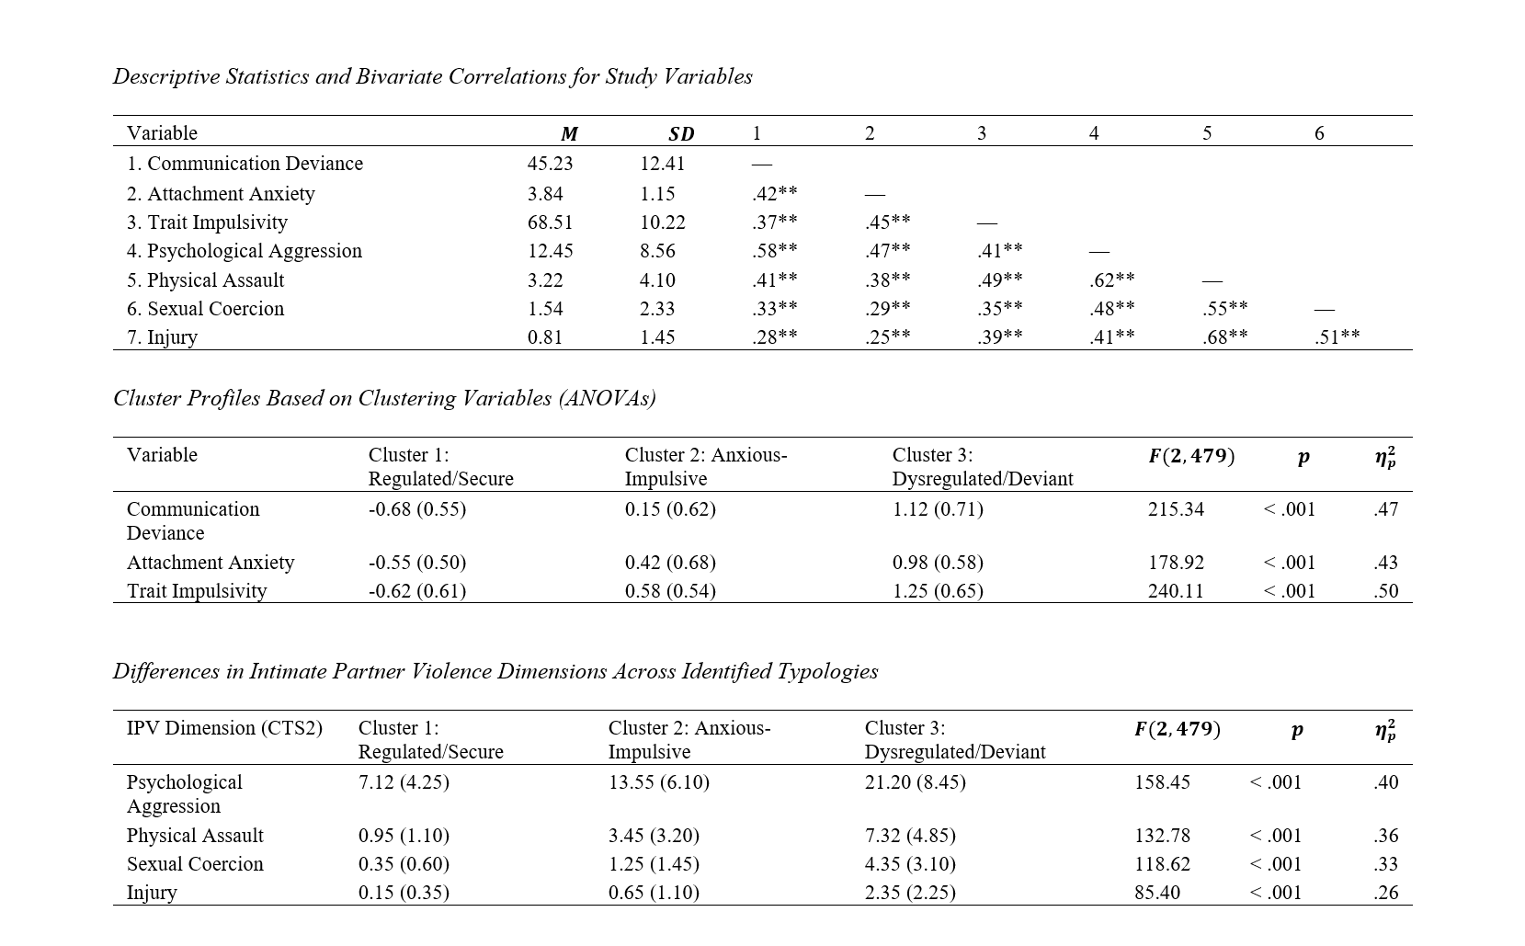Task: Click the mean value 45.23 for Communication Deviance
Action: point(550,164)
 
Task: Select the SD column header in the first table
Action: point(681,134)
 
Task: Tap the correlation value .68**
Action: point(1224,337)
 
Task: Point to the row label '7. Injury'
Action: point(162,337)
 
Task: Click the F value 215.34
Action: point(1175,509)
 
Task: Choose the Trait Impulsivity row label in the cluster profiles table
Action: point(197,591)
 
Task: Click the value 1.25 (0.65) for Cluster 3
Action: point(937,591)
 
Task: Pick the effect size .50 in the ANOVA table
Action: point(1385,591)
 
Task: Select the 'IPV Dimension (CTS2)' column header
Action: point(224,728)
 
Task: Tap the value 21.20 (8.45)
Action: point(915,782)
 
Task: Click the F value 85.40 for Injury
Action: point(1156,893)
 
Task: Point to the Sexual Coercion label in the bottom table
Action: point(195,864)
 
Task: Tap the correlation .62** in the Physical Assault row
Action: point(1111,280)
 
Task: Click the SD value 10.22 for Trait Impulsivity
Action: point(662,222)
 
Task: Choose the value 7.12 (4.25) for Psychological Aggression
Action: point(404,782)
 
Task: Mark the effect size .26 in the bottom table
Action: point(1385,893)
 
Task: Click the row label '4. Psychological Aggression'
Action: point(244,251)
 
